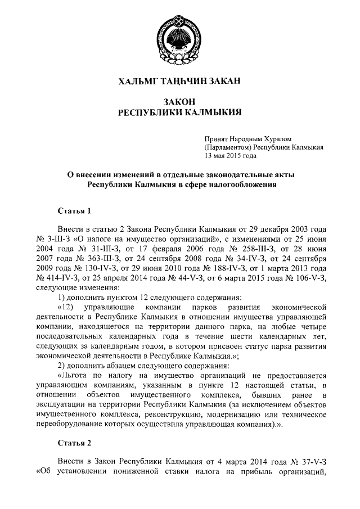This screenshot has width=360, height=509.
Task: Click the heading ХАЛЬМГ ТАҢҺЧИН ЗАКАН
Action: (179, 82)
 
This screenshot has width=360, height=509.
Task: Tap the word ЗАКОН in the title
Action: (179, 101)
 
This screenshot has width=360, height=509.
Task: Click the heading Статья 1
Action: (74, 211)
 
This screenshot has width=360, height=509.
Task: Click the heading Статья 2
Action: (74, 442)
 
